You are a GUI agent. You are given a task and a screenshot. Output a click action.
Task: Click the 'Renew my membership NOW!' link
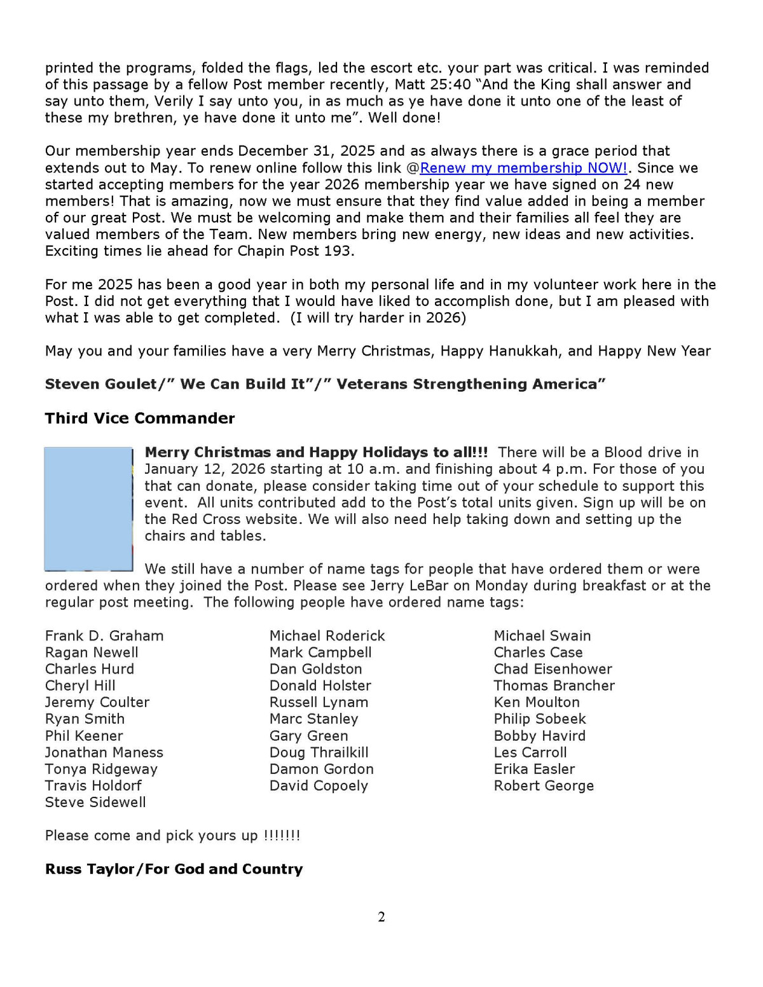[523, 168]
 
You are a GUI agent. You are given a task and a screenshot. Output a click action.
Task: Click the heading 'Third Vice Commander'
[140, 418]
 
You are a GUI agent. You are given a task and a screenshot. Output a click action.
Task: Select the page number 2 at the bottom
[381, 916]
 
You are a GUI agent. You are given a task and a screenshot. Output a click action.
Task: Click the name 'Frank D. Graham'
[104, 636]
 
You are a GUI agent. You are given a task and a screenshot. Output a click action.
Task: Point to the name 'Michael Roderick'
[327, 636]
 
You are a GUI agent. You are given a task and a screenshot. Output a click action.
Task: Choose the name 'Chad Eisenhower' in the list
[553, 669]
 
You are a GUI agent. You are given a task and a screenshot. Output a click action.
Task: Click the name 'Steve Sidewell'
[95, 803]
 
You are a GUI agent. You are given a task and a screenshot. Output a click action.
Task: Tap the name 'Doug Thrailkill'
[319, 752]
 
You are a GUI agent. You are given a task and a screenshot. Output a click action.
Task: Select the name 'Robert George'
[544, 786]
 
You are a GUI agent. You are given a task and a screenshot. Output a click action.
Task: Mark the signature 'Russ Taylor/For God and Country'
[174, 869]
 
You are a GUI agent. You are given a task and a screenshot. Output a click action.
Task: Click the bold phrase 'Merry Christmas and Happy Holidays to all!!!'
[316, 452]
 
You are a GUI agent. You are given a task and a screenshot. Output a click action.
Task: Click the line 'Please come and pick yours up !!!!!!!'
[172, 836]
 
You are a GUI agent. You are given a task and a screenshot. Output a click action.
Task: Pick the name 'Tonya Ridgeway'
[101, 770]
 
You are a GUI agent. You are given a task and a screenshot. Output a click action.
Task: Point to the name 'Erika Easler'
[534, 770]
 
